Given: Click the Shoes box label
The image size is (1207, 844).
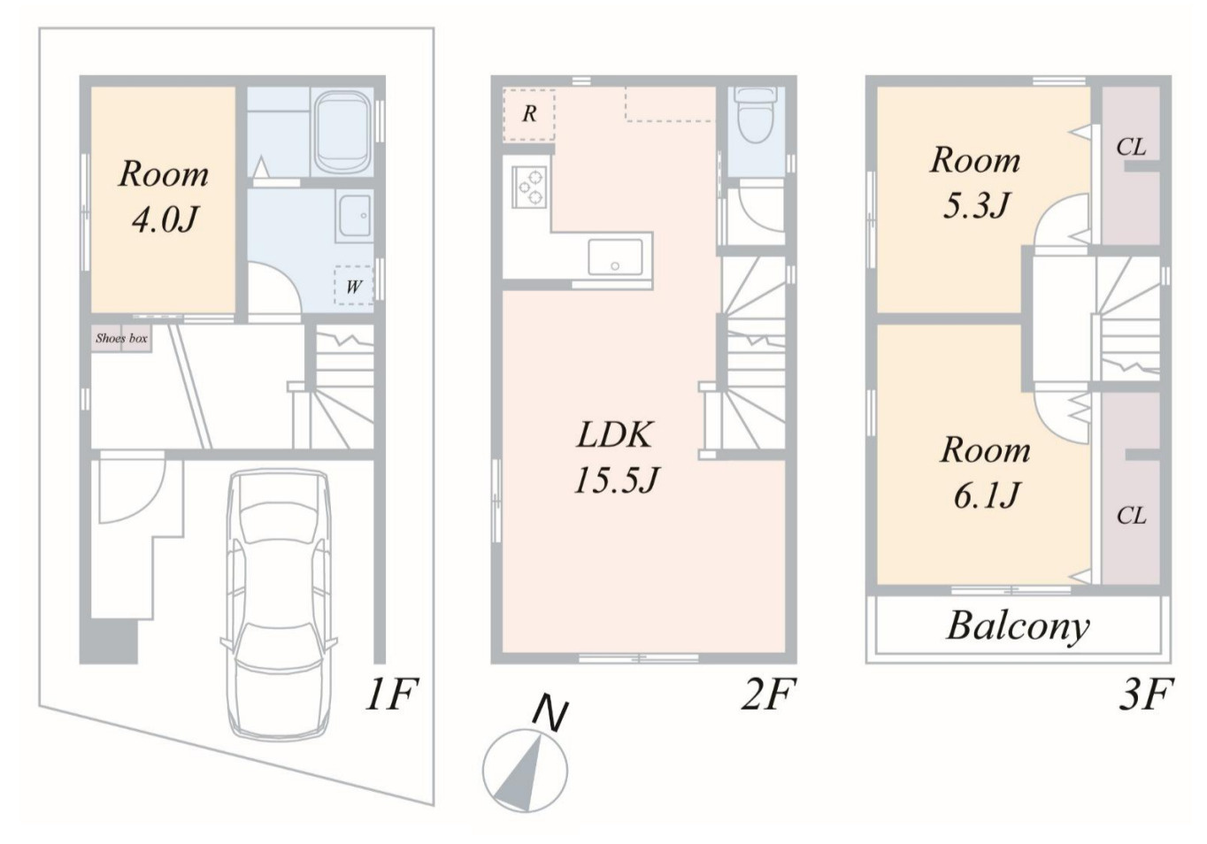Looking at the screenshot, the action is (121, 338).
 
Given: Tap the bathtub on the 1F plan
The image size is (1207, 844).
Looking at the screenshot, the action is (342, 132).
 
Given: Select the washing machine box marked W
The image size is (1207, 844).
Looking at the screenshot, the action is (353, 286).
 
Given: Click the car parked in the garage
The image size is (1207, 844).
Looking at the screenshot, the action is (279, 603).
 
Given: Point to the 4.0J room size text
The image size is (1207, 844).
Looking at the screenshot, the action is (165, 219).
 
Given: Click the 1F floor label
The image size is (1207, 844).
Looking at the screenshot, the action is (392, 694).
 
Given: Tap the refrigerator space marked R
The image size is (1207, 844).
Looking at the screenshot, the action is (529, 114).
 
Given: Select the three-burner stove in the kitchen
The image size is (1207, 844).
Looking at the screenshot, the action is (529, 187).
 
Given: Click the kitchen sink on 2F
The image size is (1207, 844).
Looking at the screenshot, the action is (615, 257).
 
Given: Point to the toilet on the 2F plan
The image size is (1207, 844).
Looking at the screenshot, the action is (755, 115).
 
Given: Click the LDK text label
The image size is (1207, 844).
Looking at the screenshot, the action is (615, 434).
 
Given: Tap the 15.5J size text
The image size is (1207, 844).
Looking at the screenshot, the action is (616, 480).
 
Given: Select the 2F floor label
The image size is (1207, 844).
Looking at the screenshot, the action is (768, 694).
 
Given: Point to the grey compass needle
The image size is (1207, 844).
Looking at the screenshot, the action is (519, 774).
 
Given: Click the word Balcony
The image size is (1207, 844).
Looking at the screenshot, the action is (1018, 626).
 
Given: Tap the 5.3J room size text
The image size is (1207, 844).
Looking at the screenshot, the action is (975, 205).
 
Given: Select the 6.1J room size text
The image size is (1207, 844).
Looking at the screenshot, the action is (986, 495).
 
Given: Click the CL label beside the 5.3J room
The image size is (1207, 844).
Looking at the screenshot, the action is (1131, 147).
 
